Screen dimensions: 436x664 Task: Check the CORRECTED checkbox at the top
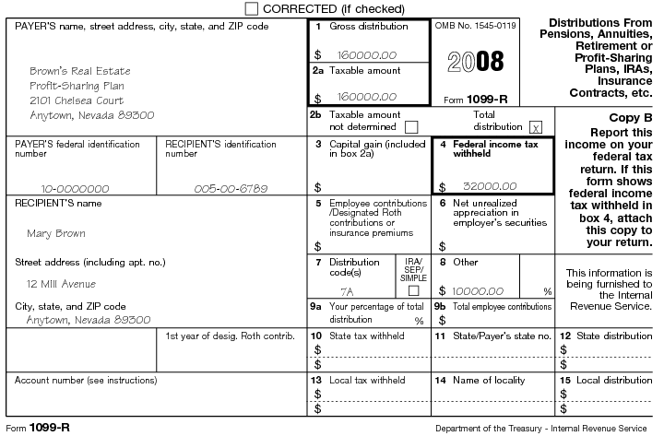pos(252,8)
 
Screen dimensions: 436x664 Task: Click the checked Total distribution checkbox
pos(536,126)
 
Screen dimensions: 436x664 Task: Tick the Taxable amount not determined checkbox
pos(411,126)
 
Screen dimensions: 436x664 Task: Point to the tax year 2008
pos(475,62)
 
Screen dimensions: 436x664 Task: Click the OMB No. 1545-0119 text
pos(475,26)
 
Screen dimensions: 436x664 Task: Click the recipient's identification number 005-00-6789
pos(231,188)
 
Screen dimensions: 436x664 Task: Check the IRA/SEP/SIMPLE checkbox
pos(413,290)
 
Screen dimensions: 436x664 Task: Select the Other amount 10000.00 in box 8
pos(478,290)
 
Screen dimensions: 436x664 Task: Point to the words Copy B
pos(631,118)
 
